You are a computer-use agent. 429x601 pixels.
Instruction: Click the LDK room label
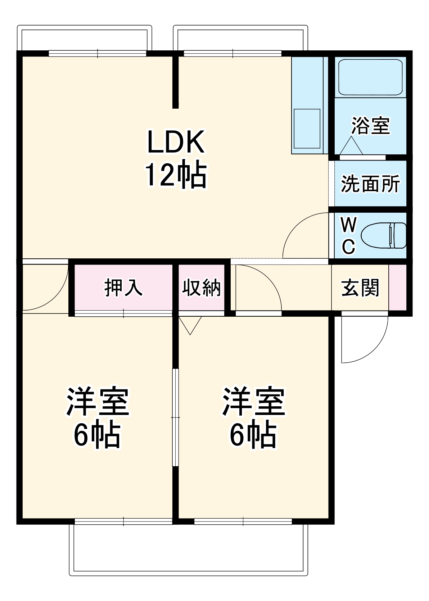(x=176, y=142)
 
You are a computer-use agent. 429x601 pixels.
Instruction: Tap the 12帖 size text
(x=176, y=175)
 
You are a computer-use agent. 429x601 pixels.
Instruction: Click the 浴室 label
(x=370, y=126)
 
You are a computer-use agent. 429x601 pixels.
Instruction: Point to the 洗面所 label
(x=370, y=184)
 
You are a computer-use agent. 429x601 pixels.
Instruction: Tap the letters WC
(x=348, y=236)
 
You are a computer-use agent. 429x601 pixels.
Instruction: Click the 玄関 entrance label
(x=360, y=288)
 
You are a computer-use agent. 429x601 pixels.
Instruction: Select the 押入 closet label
(x=123, y=288)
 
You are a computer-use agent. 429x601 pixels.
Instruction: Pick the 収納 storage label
(x=201, y=288)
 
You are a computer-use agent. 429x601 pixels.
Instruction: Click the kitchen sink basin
(x=307, y=128)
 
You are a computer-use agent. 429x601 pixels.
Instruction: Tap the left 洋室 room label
(x=97, y=401)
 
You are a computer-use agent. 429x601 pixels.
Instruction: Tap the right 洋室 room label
(x=253, y=401)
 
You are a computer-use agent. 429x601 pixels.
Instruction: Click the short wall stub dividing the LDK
(x=175, y=81)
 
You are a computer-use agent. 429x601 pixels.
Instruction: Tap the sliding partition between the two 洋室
(x=175, y=417)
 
